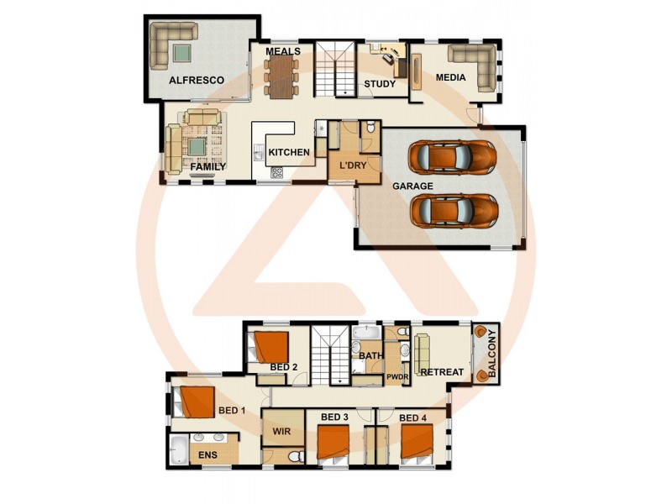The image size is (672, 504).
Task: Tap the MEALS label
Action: (x=283, y=52)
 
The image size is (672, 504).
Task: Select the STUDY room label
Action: (x=380, y=84)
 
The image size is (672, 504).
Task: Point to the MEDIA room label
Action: (x=451, y=79)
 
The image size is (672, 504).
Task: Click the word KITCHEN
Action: (x=289, y=153)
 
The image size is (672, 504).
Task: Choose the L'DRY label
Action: (x=353, y=165)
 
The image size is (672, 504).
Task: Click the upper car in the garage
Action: (x=451, y=157)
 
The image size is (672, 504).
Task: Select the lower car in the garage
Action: (x=452, y=210)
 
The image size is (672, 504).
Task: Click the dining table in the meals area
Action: (x=281, y=75)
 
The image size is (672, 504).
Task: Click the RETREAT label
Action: (x=442, y=372)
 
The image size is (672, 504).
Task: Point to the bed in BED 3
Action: (x=333, y=443)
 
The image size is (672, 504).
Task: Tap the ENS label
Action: (x=207, y=455)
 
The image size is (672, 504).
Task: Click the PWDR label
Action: (x=396, y=378)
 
